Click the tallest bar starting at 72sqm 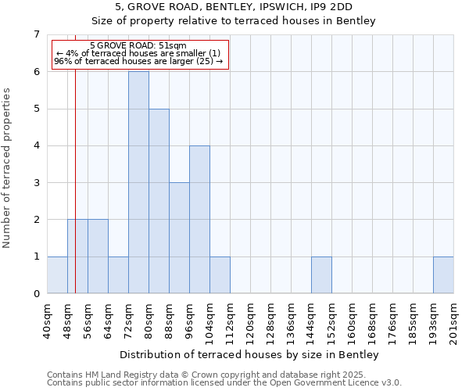click(138, 182)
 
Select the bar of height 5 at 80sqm click(159, 201)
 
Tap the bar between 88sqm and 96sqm click(179, 238)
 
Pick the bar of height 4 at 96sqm click(199, 219)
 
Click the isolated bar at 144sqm click(321, 275)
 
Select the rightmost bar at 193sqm click(443, 275)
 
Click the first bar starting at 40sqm click(57, 275)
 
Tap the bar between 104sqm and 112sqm click(220, 275)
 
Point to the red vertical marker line click(75, 156)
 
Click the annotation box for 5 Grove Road click(138, 54)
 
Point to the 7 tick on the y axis click(36, 34)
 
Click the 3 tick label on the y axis click(36, 183)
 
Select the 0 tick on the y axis click(36, 294)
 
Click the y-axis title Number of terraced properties click(8, 168)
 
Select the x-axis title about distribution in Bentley click(250, 355)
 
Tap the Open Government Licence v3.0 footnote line click(224, 383)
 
